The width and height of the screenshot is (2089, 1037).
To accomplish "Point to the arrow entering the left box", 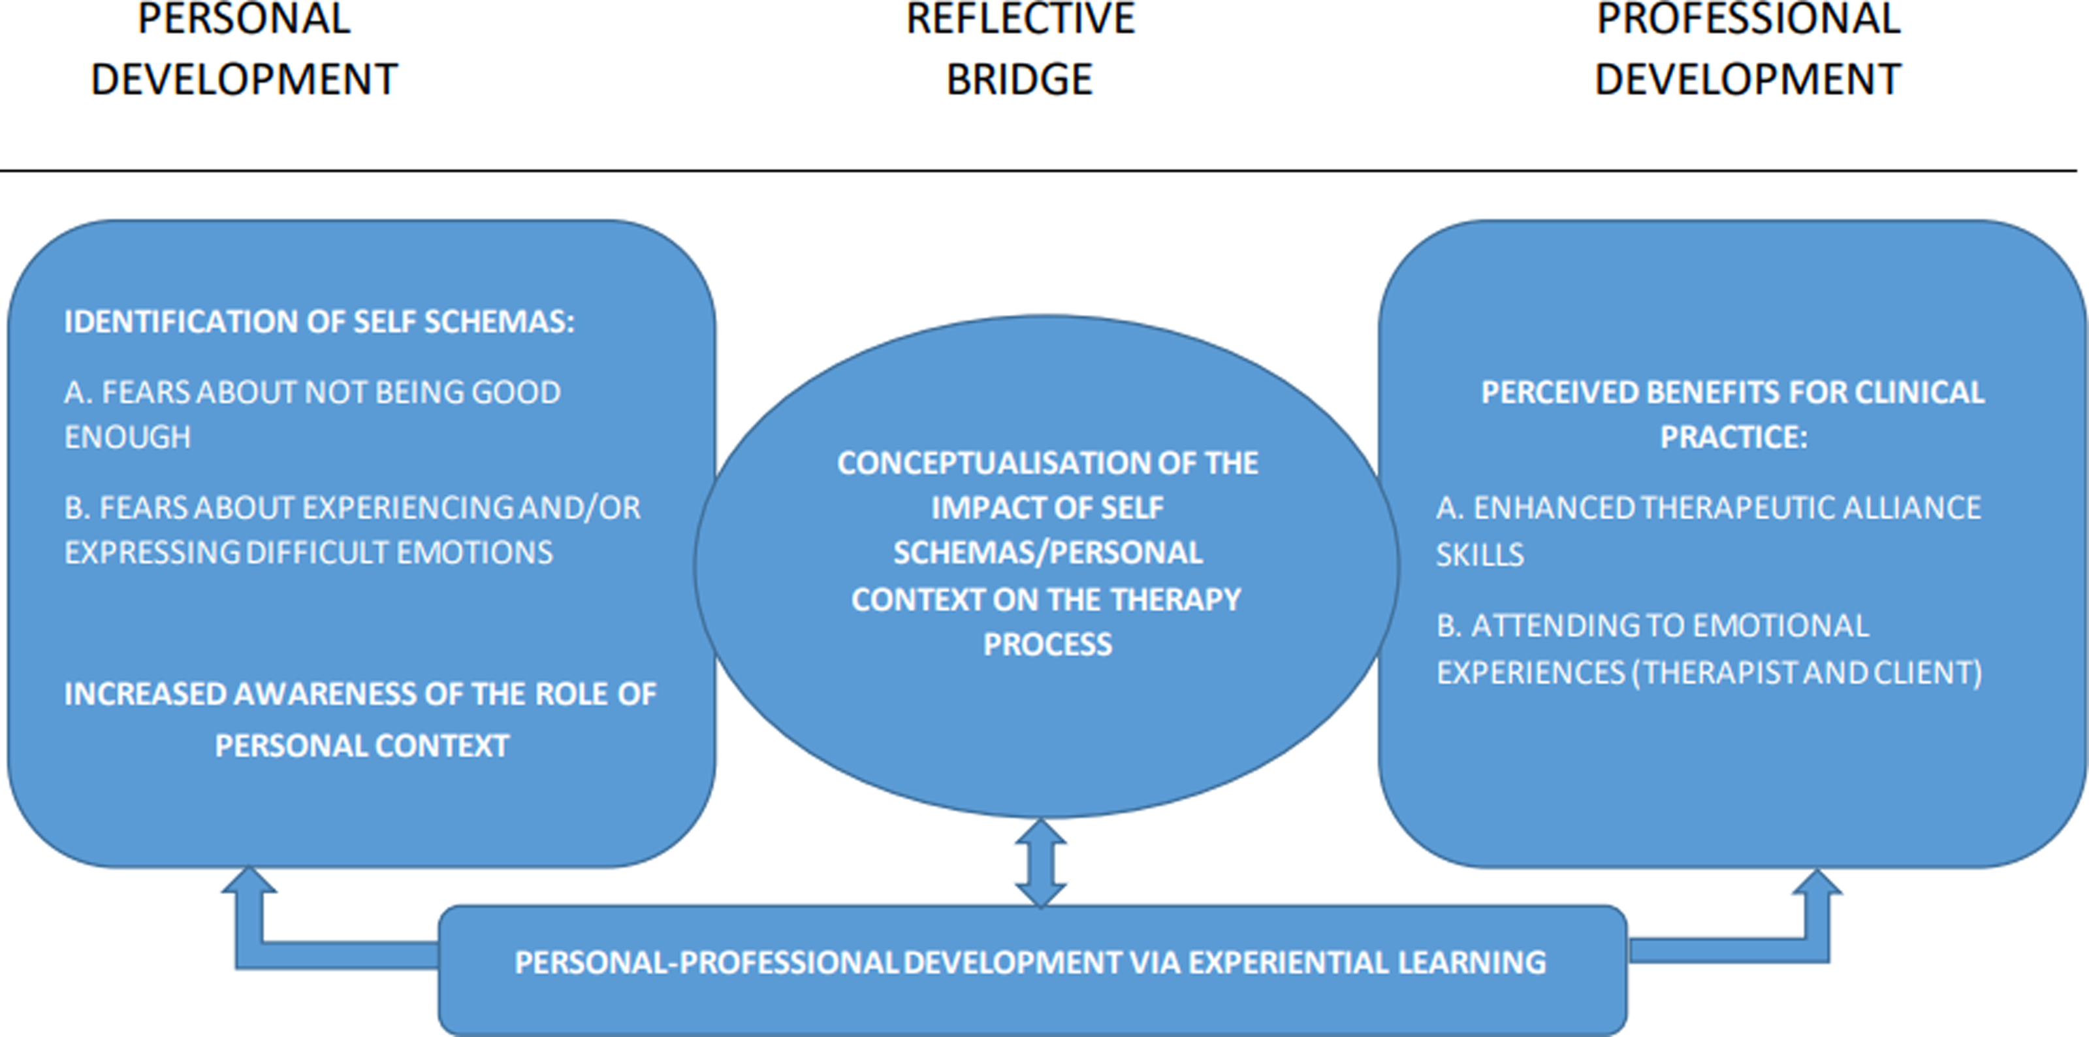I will click(x=249, y=917).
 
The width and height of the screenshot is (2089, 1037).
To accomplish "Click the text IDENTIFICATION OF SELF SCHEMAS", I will click(x=319, y=322).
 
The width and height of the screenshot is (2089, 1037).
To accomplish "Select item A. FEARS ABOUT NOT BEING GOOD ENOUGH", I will click(x=311, y=414).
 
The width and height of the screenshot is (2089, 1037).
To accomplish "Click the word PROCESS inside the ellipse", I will click(x=1047, y=645).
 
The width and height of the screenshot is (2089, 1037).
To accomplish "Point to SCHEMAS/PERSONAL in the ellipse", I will click(x=1047, y=553).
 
